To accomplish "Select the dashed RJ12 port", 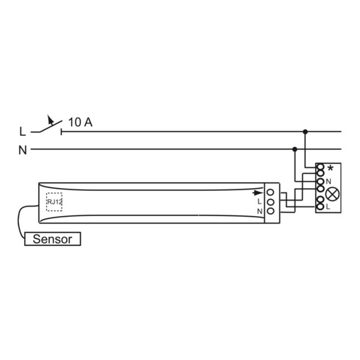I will (54, 201).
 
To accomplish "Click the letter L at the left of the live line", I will (23, 132).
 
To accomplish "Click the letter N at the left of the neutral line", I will (23, 151).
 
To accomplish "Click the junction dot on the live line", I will (306, 132).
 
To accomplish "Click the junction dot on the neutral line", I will (295, 151).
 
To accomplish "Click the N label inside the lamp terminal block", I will (328, 181).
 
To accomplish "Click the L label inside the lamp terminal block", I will (328, 207).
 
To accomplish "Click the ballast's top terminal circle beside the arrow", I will (270, 192).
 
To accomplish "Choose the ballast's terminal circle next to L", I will (270, 201).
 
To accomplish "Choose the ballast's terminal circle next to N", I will (270, 211).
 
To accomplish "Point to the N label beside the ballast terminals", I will (259, 211).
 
